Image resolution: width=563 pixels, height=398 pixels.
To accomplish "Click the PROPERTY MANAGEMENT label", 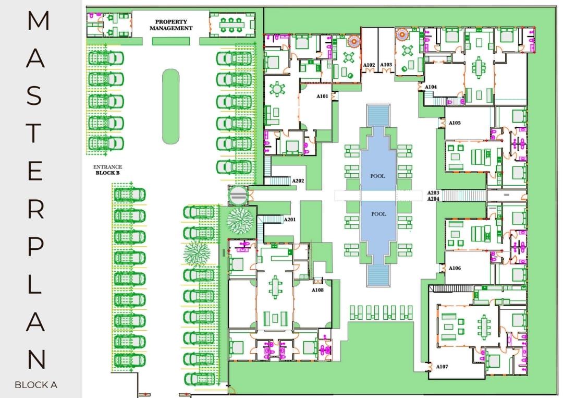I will click(171, 25).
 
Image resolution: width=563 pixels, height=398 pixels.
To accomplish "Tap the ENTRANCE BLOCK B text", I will click(107, 170).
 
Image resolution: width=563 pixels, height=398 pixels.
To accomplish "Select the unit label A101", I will click(323, 97).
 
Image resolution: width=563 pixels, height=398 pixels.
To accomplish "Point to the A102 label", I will click(369, 65).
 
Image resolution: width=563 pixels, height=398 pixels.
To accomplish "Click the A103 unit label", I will click(386, 65).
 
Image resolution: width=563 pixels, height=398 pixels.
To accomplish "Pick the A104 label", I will click(431, 87).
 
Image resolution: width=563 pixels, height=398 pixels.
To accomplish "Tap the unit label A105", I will click(455, 124).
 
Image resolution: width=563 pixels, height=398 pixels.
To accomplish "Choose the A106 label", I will click(455, 268).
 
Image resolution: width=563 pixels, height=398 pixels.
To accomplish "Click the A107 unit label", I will click(442, 367).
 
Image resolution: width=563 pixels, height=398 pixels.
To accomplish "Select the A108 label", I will click(318, 290).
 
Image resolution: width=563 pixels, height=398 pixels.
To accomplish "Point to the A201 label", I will click(290, 220).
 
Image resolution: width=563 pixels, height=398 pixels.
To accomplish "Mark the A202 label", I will click(298, 181).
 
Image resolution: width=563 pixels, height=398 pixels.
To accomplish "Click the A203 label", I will click(433, 192).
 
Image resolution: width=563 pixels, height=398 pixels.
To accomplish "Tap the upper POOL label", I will click(378, 176).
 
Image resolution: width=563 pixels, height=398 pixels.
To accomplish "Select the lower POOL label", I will click(378, 214).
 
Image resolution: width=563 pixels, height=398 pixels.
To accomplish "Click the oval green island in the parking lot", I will click(170, 106).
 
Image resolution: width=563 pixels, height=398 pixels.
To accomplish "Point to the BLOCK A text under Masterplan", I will click(35, 385).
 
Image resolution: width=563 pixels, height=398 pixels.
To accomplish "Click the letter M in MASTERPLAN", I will click(38, 21).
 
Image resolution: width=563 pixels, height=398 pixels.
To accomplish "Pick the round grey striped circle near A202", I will click(238, 196).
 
